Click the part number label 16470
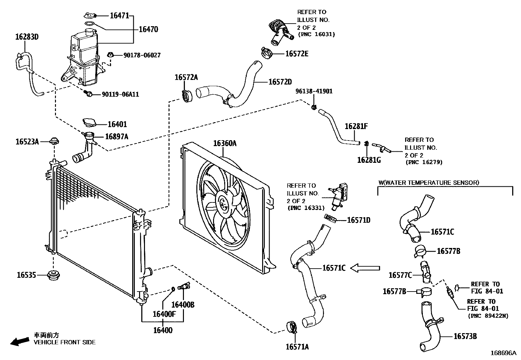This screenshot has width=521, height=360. coord(148,29)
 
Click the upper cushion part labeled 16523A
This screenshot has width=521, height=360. coord(54,142)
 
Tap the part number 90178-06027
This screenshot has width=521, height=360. coord(142,55)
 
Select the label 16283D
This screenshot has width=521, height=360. coord(27,37)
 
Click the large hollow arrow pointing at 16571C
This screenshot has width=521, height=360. coord(365,268)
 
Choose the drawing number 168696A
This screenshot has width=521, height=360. coord(503,353)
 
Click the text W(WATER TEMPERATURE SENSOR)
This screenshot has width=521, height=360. coord(429,182)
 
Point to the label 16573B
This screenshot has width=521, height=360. coord(465,336)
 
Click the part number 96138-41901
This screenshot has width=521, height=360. coord(314,91)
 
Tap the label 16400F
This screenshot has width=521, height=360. coord(164,314)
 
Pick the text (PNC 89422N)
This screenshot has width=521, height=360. coord(488,316)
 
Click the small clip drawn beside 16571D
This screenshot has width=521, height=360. coord(330,218)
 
